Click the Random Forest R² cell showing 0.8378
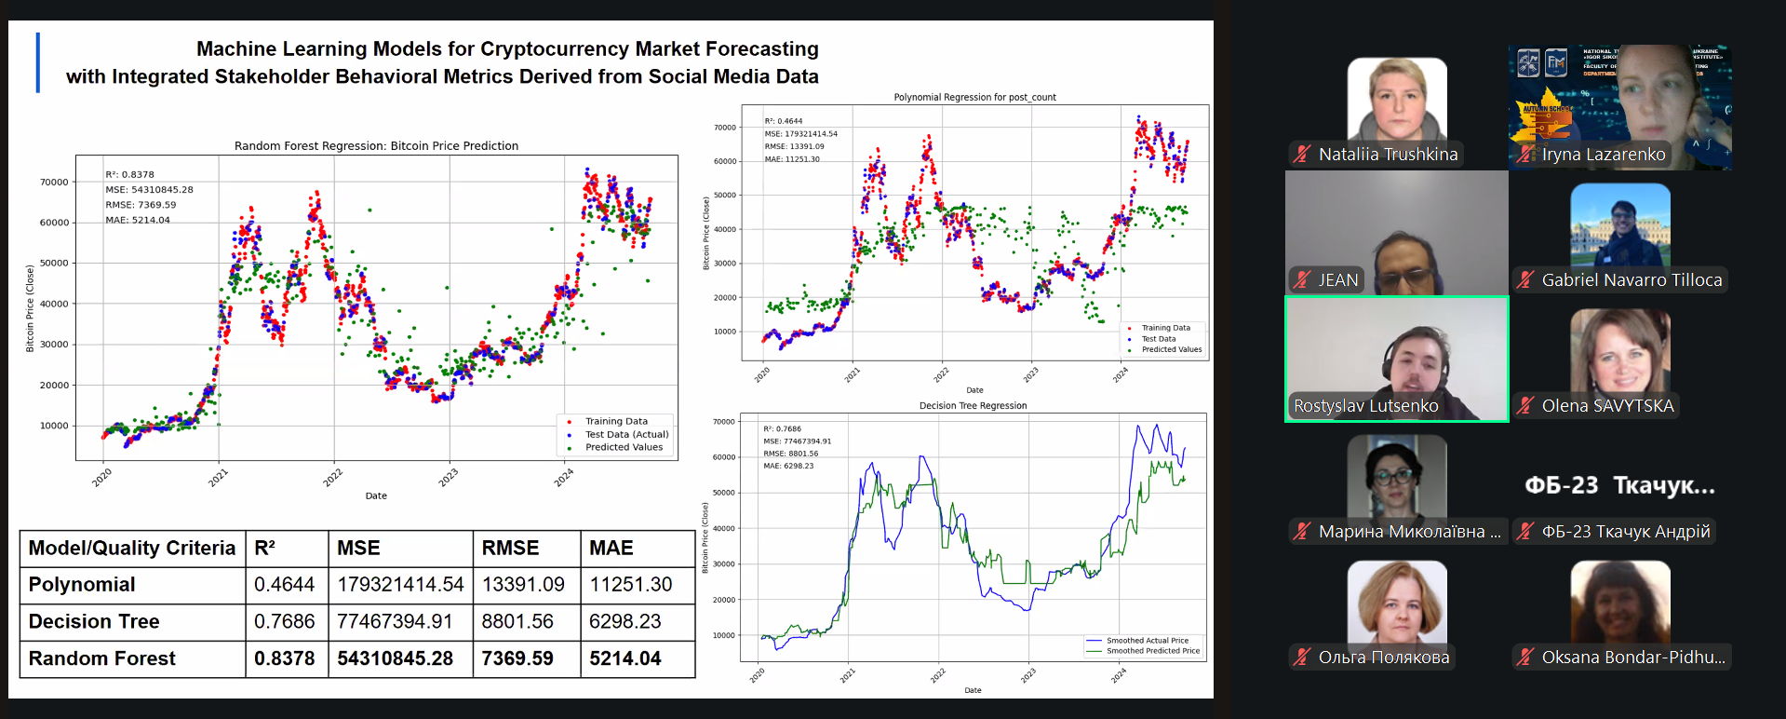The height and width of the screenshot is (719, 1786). click(284, 658)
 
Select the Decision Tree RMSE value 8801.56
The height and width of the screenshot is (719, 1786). click(517, 621)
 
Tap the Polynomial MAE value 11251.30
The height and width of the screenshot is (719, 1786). click(630, 584)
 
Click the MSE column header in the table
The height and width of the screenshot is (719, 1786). click(358, 548)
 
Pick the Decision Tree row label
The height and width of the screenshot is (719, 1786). click(94, 621)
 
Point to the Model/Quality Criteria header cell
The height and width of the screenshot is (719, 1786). click(132, 548)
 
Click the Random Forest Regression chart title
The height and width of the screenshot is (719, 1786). click(376, 146)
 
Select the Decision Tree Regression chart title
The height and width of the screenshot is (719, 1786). click(973, 406)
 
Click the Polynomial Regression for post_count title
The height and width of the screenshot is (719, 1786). click(974, 97)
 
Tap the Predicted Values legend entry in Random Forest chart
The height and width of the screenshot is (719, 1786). click(624, 447)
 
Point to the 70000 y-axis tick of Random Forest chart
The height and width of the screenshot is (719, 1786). click(54, 183)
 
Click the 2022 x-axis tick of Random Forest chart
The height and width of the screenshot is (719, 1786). click(333, 478)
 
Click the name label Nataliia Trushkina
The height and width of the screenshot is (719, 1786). click(1388, 155)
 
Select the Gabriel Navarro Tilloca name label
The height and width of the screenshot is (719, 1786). click(1631, 280)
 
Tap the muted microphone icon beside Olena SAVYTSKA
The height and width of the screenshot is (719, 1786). click(1525, 406)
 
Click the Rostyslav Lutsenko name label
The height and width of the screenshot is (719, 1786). click(1365, 406)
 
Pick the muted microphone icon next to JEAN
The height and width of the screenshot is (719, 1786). click(1302, 280)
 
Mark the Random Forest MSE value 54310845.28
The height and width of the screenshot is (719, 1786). click(395, 658)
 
